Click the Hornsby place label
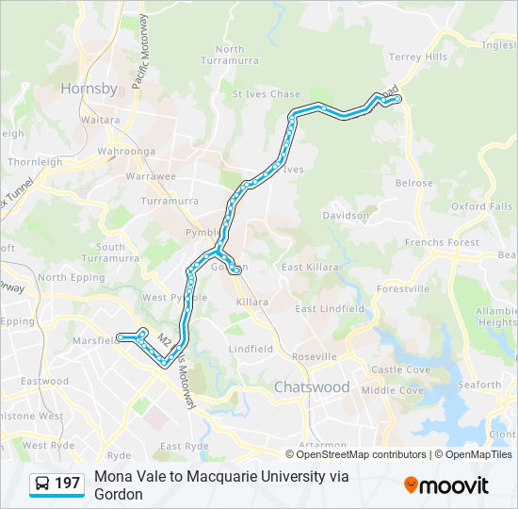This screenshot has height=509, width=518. [x=89, y=89]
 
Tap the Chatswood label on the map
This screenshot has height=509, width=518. [x=311, y=387]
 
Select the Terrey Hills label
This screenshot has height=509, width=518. [x=418, y=57]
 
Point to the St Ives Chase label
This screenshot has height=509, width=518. [x=267, y=94]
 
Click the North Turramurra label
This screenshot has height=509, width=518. [x=229, y=55]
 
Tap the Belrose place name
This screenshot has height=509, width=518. [x=414, y=184]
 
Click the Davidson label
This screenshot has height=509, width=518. [x=346, y=215]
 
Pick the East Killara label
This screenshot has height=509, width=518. [x=309, y=268]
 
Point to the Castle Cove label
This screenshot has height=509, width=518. [x=400, y=370]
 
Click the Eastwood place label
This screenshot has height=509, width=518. [x=45, y=382]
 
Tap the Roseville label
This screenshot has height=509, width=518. [x=314, y=357]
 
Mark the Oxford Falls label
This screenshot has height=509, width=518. [x=481, y=206]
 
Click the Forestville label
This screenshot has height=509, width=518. [x=402, y=288]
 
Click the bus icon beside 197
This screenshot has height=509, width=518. [x=42, y=484]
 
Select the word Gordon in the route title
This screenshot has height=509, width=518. [x=118, y=494]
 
